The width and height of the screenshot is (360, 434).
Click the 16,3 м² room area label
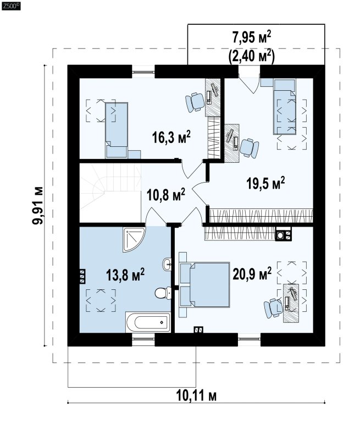click(171, 137)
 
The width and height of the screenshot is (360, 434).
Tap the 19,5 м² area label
click(265, 183)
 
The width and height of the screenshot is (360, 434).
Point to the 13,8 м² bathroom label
click(125, 274)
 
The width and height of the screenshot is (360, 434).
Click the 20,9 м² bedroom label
click(252, 273)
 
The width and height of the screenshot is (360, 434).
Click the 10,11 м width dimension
click(196, 396)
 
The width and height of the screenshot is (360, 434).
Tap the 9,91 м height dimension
click(38, 205)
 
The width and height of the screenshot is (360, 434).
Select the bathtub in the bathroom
click(148, 322)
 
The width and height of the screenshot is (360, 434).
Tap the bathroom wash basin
click(167, 264)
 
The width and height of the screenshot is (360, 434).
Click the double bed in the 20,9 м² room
click(204, 284)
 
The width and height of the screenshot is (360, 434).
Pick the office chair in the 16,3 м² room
click(195, 102)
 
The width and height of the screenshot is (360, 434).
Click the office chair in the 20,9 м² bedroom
click(273, 308)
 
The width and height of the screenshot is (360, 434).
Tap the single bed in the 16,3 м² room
click(117, 130)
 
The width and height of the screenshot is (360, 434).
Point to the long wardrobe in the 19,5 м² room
click(261, 215)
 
